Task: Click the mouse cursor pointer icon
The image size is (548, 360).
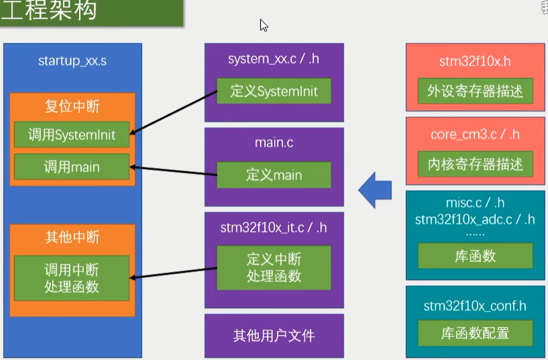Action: click(263, 25)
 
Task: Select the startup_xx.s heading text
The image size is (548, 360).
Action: click(72, 61)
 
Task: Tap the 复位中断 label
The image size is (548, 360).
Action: click(72, 107)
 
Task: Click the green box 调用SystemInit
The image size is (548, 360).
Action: click(72, 135)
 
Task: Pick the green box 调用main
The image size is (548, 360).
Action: click(72, 167)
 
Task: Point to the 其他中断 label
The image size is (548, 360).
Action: click(72, 237)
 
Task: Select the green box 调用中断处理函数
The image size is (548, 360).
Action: click(72, 278)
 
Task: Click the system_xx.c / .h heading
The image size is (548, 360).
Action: click(274, 59)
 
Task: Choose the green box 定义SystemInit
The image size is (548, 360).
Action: click(274, 90)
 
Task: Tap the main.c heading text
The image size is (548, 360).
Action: click(274, 142)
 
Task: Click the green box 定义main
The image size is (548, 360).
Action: click(274, 175)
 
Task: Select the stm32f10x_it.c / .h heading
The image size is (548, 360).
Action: click(274, 228)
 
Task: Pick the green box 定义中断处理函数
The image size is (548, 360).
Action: click(274, 267)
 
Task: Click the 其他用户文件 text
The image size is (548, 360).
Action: click(274, 336)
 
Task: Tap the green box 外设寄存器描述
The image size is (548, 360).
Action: click(475, 91)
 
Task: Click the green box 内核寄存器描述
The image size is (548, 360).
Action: click(475, 164)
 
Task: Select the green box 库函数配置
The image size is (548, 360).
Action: click(475, 333)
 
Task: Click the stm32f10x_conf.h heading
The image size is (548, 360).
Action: click(475, 306)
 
